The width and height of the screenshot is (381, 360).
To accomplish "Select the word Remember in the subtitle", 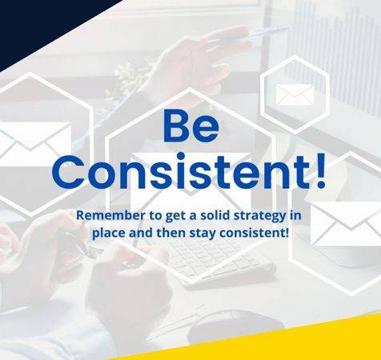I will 106,216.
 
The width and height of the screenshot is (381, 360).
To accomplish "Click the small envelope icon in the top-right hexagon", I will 295,95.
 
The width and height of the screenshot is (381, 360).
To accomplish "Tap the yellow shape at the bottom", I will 304,340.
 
